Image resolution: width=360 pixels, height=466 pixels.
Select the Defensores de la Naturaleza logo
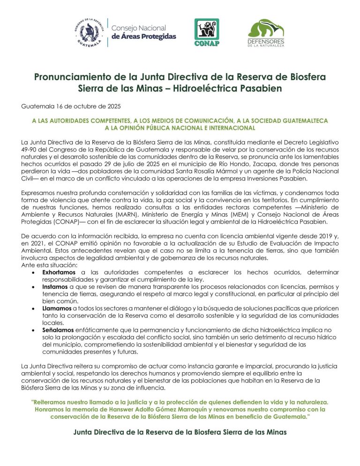pos(266,33)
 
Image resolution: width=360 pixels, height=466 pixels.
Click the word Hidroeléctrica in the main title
pos(199,89)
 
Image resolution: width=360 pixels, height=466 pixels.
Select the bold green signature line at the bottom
pos(180,432)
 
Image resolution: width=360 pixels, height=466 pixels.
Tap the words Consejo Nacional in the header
pos(139,28)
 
